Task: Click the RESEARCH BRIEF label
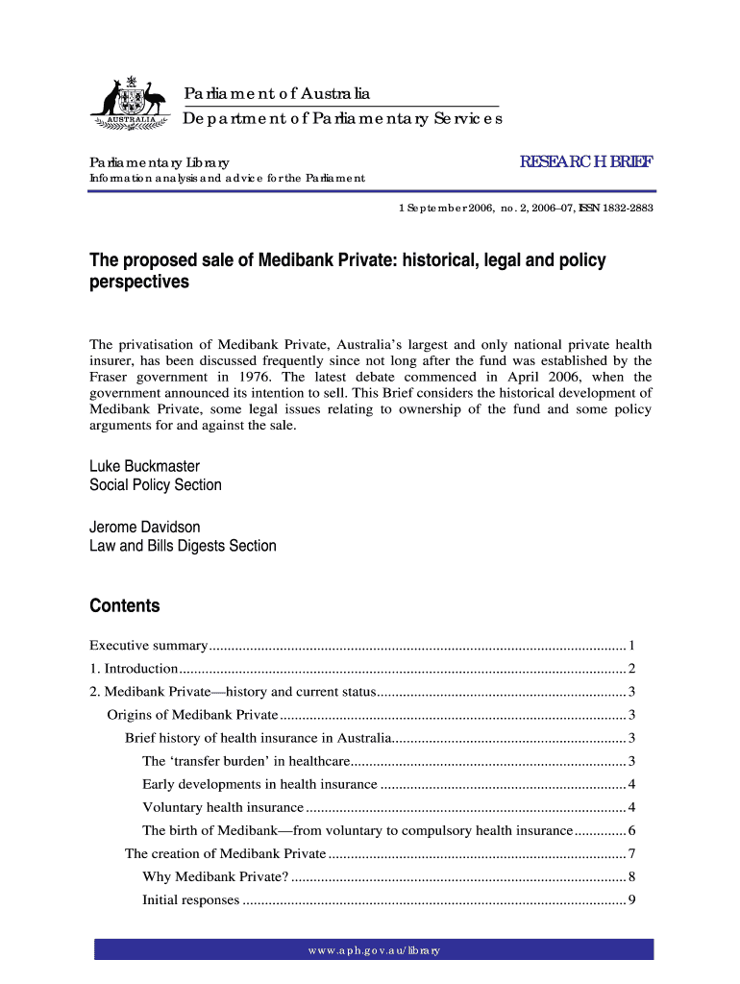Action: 586,163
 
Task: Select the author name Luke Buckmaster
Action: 144,466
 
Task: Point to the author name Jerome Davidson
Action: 145,527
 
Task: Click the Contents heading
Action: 124,606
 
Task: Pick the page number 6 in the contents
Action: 630,830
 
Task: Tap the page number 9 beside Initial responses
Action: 630,900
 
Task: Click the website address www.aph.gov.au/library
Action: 374,950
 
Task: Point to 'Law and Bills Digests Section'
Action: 183,546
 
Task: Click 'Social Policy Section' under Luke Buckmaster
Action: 156,485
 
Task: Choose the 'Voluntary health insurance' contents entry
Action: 223,807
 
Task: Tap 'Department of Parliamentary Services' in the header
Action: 343,119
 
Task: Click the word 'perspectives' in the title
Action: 139,283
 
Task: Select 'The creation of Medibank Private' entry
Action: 225,853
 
